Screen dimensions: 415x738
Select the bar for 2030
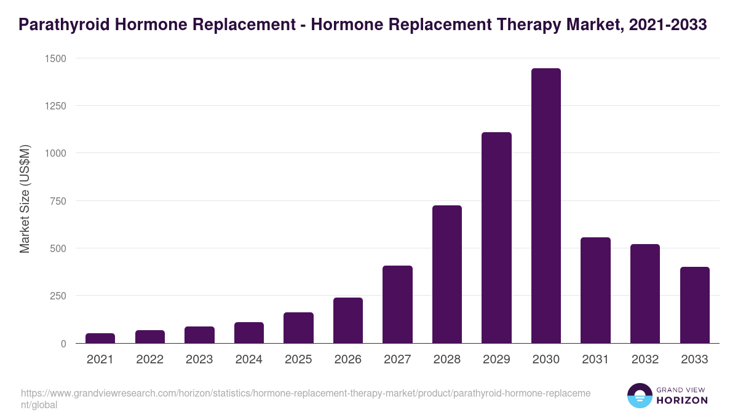(x=546, y=206)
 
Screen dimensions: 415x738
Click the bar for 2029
(x=496, y=238)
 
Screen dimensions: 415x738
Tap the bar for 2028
(x=447, y=274)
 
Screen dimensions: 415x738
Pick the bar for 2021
(x=100, y=338)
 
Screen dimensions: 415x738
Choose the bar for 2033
(x=695, y=305)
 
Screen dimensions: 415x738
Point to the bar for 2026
(x=348, y=320)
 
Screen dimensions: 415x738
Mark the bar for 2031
(x=595, y=290)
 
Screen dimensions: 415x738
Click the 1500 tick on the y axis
(x=55, y=58)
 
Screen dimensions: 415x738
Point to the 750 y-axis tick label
(x=58, y=201)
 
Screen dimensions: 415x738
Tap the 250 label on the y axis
(x=58, y=296)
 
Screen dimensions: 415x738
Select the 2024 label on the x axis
(x=248, y=360)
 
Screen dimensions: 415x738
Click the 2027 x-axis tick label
(x=397, y=360)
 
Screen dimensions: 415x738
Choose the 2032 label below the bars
(x=645, y=360)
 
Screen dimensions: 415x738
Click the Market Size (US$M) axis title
(x=25, y=200)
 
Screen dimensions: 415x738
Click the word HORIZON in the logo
(x=682, y=400)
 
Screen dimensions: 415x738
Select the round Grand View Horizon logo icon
(x=639, y=395)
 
